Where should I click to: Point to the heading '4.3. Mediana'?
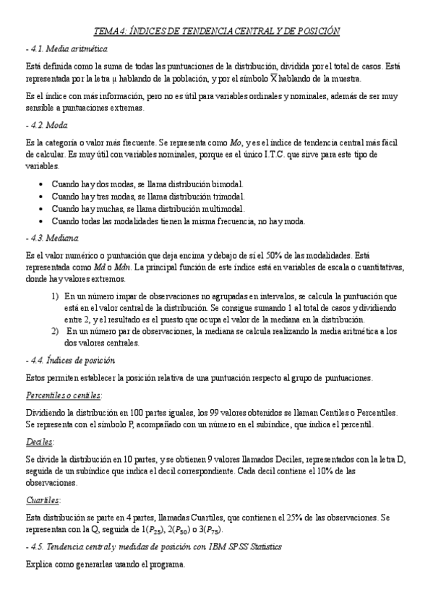[51, 239]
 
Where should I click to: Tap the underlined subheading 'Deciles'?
[40, 441]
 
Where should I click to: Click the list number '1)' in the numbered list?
[55, 297]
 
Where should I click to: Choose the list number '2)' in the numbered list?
[55, 332]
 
